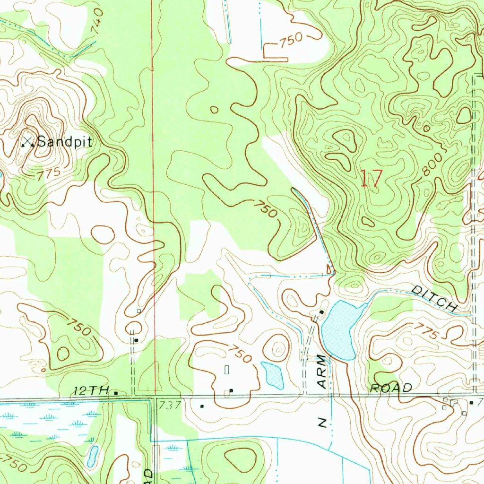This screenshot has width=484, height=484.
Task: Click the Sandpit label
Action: pos(64,141)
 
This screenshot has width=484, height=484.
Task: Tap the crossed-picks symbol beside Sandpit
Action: pos(28,141)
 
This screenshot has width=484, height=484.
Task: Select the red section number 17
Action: pos(371,179)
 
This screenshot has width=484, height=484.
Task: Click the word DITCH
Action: pos(434,298)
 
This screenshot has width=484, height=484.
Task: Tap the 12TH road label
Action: pos(89,391)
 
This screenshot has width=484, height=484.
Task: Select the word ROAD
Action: pos(391,388)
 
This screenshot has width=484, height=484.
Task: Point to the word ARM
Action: pos(322,372)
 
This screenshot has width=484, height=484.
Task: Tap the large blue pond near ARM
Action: pos(340,329)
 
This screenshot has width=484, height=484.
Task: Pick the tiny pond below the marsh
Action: pos(93,455)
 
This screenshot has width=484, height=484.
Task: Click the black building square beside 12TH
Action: pos(115,392)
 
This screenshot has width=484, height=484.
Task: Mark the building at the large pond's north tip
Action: pos(322,312)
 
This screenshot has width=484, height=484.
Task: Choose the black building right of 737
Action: pos(202,406)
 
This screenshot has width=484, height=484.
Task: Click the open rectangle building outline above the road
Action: pos(226,370)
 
